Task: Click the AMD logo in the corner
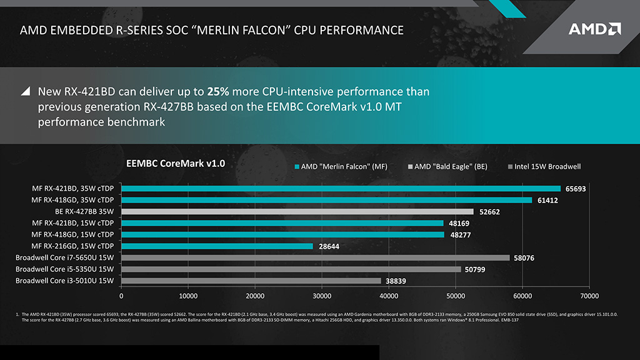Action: (594, 29)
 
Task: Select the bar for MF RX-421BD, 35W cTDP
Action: (341, 188)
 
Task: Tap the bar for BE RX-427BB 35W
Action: (297, 211)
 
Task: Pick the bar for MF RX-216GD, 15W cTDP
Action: (217, 246)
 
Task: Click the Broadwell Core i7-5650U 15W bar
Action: (315, 257)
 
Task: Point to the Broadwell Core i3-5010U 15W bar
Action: (251, 281)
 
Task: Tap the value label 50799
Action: (476, 269)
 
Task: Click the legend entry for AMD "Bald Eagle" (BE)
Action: (447, 167)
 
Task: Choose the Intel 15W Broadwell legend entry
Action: (544, 167)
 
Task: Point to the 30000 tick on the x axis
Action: (322, 296)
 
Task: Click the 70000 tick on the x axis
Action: (589, 296)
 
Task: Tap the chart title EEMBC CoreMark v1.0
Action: (176, 164)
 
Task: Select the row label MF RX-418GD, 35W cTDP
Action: (74, 200)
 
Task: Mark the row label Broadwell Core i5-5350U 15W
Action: (65, 269)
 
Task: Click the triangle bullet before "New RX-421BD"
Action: (26, 91)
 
